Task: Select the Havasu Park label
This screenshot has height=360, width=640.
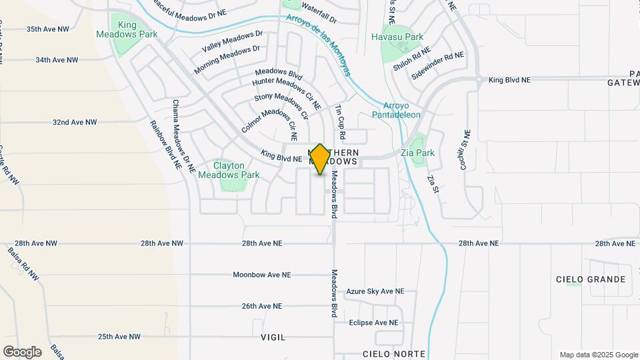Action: point(397,37)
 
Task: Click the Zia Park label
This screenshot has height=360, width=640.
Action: point(418,153)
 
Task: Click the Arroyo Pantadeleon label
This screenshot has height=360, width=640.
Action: point(401,110)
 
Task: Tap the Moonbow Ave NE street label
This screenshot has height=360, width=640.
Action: point(262,275)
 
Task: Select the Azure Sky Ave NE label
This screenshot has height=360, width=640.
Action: point(375,291)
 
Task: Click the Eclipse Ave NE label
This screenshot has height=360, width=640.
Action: point(373,323)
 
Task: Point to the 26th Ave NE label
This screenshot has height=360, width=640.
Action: point(262,306)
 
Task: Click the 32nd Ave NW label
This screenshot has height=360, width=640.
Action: point(75,123)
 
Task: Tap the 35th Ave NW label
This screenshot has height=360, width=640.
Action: point(47,29)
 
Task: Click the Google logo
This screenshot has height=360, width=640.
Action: point(22,351)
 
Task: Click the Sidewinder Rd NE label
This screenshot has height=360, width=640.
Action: point(437,66)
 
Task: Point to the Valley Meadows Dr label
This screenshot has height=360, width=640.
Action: point(233,42)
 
